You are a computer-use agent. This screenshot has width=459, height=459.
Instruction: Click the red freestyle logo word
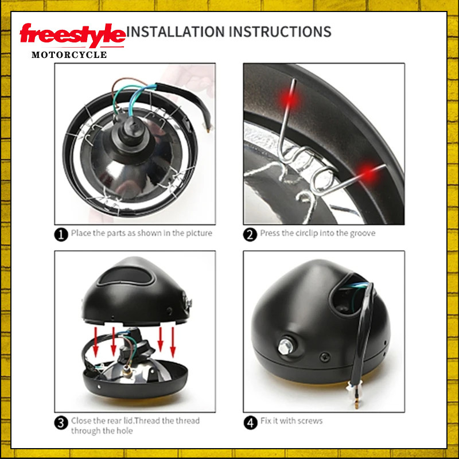(x=73, y=35)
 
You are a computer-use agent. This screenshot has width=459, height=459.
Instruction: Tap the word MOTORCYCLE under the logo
(x=69, y=55)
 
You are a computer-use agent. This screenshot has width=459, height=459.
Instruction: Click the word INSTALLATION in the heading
(x=176, y=32)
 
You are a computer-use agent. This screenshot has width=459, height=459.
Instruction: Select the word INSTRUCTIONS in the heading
(x=280, y=32)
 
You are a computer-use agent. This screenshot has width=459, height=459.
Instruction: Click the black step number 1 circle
(x=61, y=235)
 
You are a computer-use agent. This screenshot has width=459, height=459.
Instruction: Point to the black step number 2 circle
(x=250, y=235)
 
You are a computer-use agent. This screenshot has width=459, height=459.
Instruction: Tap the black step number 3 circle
(x=61, y=423)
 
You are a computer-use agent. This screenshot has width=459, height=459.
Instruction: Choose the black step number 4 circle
(x=250, y=423)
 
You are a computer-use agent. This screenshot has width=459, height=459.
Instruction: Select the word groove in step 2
(x=363, y=234)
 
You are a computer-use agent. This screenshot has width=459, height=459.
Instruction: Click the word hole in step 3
(x=125, y=431)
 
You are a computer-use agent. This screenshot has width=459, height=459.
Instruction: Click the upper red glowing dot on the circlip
(x=290, y=99)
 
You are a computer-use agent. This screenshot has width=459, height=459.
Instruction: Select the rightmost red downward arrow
(x=173, y=343)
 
